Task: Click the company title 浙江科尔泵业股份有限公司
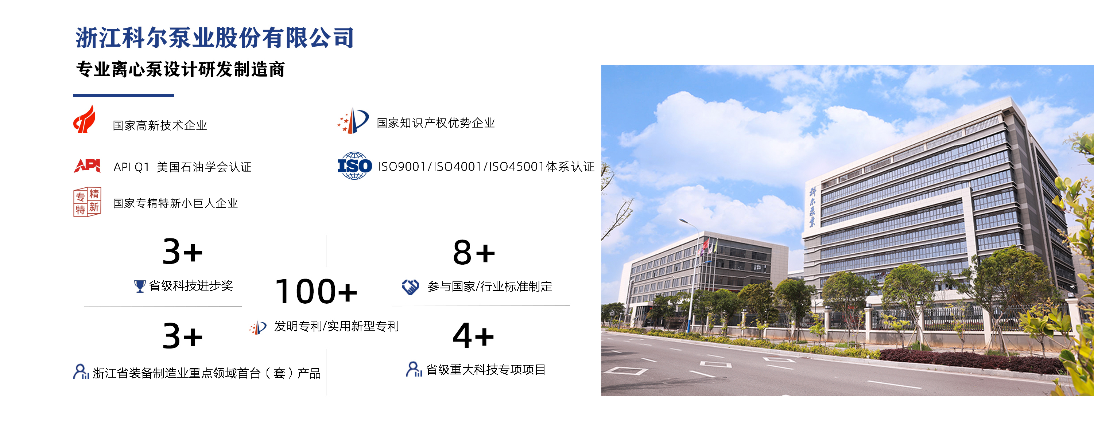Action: point(214,38)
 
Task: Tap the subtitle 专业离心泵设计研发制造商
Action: point(181,69)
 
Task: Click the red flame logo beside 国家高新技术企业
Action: point(84,119)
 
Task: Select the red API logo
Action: point(87,165)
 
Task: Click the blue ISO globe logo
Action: point(354,165)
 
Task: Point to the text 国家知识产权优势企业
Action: point(436,123)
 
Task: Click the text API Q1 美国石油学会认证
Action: point(183,167)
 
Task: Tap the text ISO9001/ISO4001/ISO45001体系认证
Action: point(486,167)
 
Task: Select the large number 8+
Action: point(474,252)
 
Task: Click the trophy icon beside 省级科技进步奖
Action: point(139,286)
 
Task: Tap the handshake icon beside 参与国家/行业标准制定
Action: point(410,287)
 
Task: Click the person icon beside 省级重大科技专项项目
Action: point(414,369)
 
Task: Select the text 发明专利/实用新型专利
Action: point(336,326)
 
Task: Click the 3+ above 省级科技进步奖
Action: point(183,252)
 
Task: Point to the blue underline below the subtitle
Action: point(124,96)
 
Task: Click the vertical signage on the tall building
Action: point(812,207)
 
